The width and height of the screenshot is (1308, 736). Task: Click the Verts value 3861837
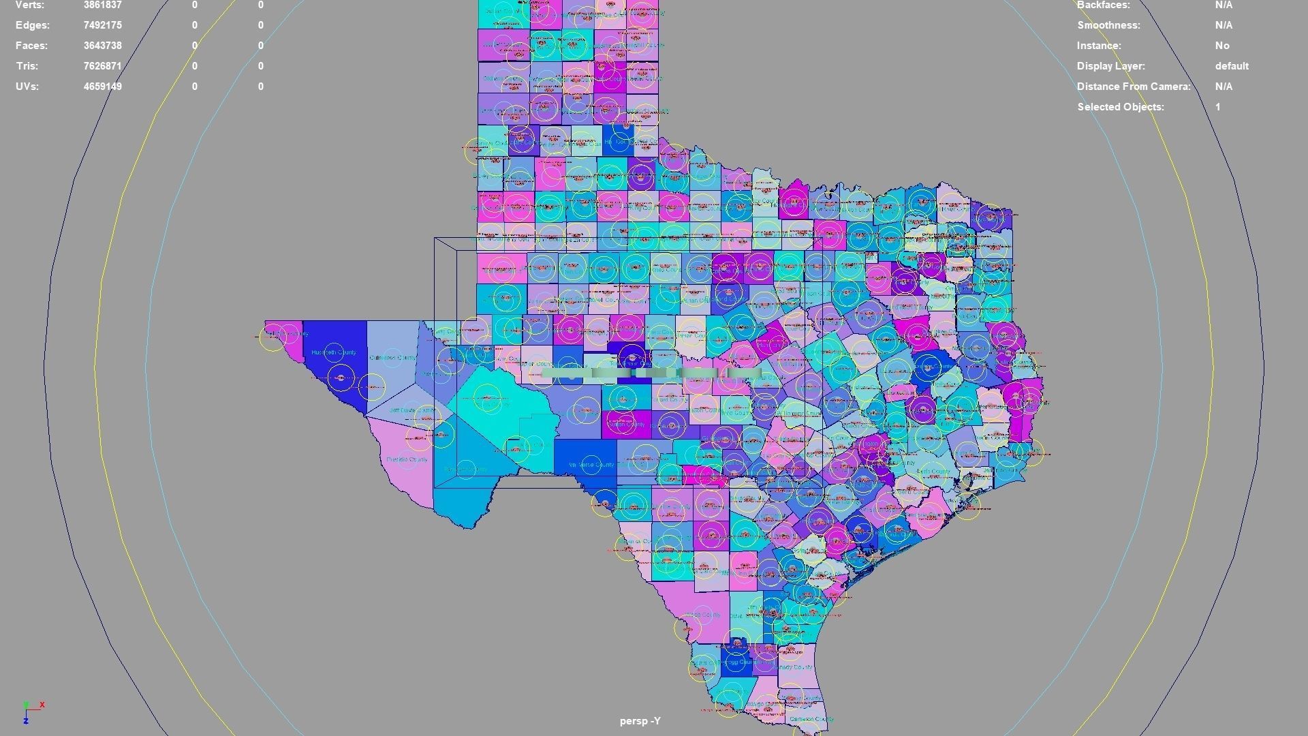102,5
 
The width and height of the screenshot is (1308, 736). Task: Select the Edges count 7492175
102,25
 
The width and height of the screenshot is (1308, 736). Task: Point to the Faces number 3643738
102,46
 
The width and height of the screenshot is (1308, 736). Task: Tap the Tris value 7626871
102,66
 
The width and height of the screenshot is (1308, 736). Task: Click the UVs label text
27,87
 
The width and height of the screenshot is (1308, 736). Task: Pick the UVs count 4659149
102,87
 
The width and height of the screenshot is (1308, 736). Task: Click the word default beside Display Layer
1231,66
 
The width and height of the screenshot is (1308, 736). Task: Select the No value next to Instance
1222,46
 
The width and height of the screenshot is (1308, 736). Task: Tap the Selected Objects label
1120,107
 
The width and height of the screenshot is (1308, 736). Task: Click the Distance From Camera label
1133,87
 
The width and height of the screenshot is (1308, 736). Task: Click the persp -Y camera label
640,721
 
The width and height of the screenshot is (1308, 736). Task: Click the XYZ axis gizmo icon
31,711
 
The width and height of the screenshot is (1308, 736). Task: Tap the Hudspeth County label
333,352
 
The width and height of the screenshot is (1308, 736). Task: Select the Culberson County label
392,358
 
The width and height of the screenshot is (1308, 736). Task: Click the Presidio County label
407,460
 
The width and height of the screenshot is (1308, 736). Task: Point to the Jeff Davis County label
411,410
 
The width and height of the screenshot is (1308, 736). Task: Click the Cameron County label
811,719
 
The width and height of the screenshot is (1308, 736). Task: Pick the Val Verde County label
591,465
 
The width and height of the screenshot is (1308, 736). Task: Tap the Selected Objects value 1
1217,107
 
